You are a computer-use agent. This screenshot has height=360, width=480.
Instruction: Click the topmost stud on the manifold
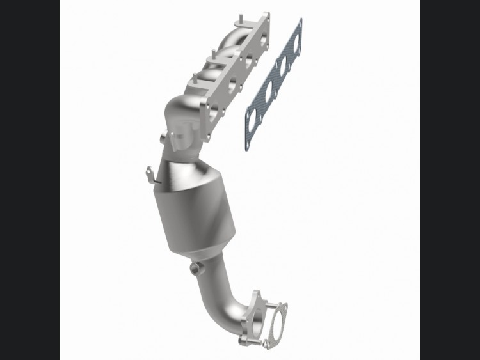pos(241,19)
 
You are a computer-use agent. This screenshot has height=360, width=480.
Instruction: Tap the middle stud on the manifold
pos(212,54)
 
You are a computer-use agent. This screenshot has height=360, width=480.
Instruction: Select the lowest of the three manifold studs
pos(194,78)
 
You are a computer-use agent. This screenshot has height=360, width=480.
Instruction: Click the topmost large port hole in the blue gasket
pos(296,43)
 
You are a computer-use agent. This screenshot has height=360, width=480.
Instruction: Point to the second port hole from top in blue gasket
pos(283,65)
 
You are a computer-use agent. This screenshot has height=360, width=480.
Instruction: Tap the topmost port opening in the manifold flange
pos(263,39)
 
